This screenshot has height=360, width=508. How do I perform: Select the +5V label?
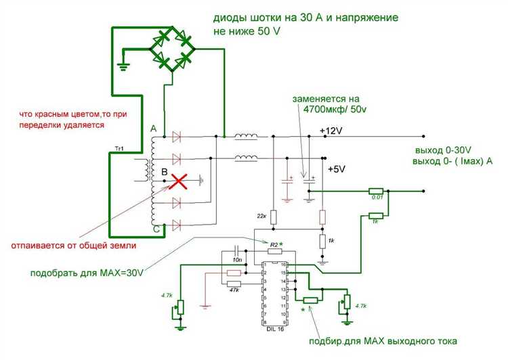point(337,169)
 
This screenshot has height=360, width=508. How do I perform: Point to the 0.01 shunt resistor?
point(377,192)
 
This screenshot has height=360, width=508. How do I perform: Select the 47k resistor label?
point(234,290)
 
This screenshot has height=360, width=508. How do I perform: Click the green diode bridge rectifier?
point(171,48)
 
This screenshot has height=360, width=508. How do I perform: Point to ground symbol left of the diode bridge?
point(123,66)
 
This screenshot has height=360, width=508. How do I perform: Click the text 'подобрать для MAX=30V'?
point(88,273)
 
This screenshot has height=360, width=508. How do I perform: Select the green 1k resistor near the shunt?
point(377,215)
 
